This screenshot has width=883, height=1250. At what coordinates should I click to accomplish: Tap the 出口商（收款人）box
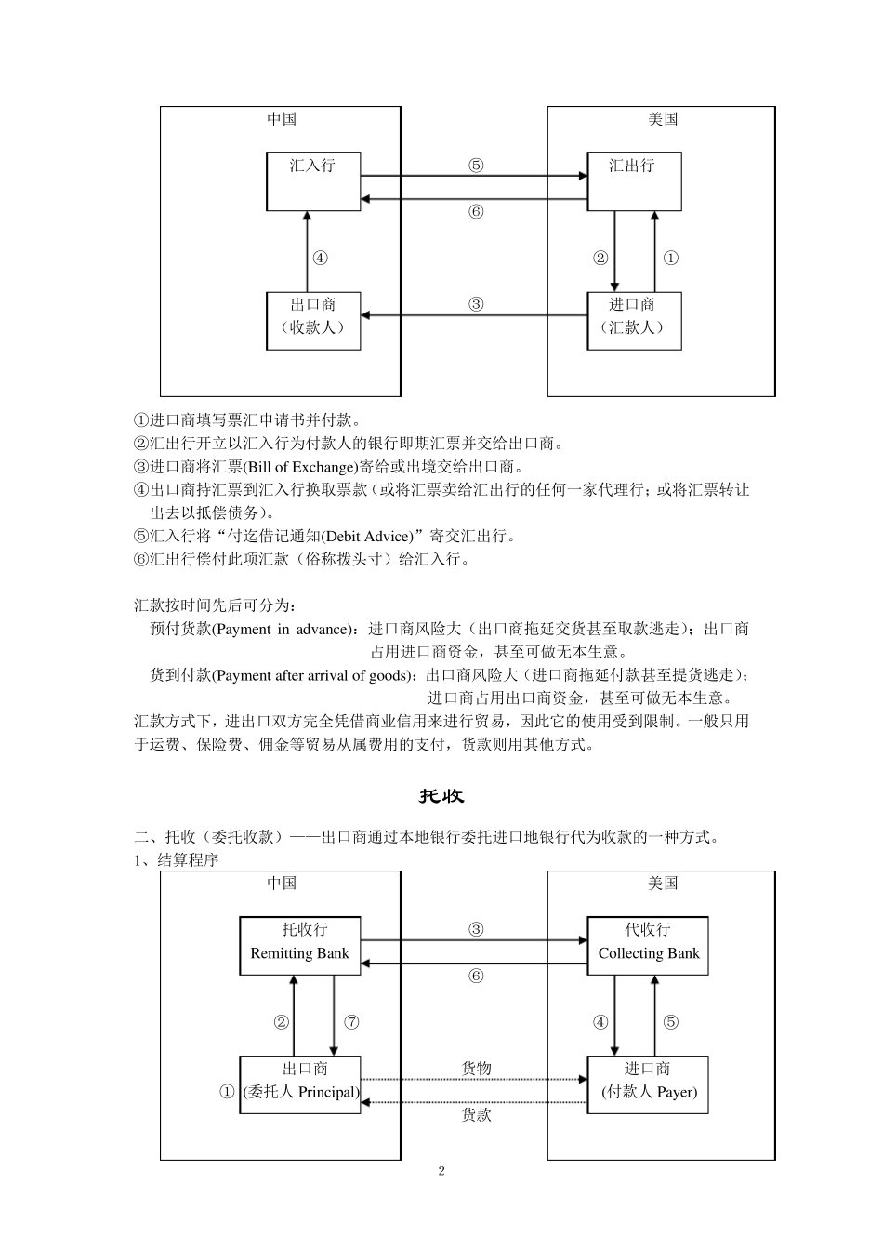(x=313, y=321)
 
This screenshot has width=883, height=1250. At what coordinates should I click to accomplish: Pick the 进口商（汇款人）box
(x=634, y=321)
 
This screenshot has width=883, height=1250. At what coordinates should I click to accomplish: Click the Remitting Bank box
(x=300, y=946)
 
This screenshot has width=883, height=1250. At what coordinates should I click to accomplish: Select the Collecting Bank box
(x=648, y=946)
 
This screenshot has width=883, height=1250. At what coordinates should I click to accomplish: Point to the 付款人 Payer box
(x=648, y=1084)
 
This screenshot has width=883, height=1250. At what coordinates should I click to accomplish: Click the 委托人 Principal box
(x=300, y=1084)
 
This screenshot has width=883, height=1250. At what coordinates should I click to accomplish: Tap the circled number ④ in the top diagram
(x=320, y=259)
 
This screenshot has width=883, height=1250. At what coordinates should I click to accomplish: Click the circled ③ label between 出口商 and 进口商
(x=476, y=304)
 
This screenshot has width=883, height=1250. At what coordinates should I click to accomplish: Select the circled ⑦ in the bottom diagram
(x=351, y=1022)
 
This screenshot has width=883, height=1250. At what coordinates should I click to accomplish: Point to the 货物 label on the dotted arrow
(x=476, y=1069)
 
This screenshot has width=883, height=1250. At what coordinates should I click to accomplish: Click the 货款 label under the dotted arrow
(x=476, y=1114)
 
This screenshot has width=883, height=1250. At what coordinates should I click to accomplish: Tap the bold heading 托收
(x=441, y=796)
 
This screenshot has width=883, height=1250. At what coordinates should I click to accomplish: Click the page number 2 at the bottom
(x=441, y=1171)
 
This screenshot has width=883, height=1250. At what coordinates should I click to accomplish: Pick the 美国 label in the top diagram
(x=663, y=119)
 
